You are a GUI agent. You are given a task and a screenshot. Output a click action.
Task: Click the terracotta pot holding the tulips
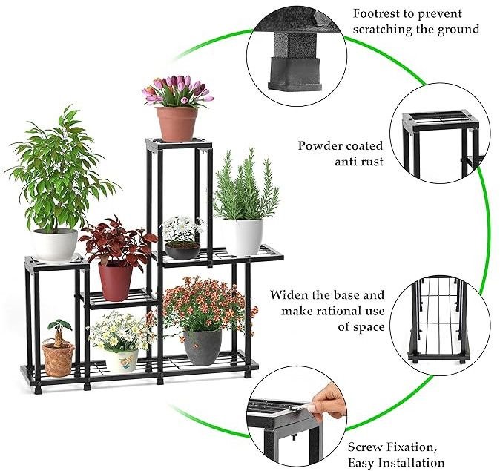[x=177, y=125]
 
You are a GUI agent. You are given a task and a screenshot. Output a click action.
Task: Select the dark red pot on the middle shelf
[x=115, y=282]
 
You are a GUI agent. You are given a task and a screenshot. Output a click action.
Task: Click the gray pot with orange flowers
[x=203, y=348]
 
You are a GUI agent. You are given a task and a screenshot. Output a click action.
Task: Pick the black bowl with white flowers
[x=182, y=251]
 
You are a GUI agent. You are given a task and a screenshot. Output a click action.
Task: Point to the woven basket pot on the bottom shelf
[x=58, y=360]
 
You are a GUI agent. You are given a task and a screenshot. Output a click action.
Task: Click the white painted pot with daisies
[x=122, y=361]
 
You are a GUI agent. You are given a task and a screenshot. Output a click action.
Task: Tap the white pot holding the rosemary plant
[x=244, y=237]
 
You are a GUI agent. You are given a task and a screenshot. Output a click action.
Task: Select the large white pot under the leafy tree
[x=55, y=244]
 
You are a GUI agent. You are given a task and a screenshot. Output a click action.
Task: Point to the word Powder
[x=320, y=146]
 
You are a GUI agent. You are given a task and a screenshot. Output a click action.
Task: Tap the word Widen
[x=289, y=295]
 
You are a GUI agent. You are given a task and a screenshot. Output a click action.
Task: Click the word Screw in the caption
[x=364, y=447]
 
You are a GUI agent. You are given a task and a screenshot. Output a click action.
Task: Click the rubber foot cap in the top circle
[x=295, y=73]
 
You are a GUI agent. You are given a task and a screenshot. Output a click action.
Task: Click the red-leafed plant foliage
[x=118, y=240]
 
